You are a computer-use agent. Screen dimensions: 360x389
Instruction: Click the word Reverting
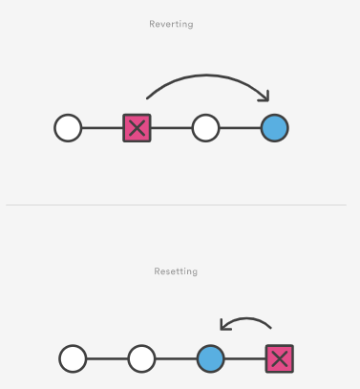pos(172,24)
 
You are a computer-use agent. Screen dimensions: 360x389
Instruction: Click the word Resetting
pos(176,271)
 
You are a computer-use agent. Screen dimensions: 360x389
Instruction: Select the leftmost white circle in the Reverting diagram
pos(68,127)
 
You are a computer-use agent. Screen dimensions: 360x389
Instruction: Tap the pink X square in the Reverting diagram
pos(138,127)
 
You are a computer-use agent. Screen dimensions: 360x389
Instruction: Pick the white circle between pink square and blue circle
pos(205,127)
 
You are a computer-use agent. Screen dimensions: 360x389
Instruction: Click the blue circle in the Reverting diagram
pos(274,127)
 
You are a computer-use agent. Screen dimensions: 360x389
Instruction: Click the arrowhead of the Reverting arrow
pos(266,96)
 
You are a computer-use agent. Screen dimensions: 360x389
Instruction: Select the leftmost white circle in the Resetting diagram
pos(73,359)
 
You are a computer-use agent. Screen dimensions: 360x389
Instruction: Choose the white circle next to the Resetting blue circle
pos(141,359)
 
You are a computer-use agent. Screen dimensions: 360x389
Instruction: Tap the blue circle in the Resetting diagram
pos(210,359)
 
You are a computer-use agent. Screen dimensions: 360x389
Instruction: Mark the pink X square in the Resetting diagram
pos(279,359)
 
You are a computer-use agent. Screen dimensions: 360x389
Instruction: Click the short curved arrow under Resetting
pos(246,320)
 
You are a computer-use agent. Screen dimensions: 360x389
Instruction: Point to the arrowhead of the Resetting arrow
pos(223,325)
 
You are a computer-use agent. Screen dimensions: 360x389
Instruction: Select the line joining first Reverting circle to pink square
pos(102,127)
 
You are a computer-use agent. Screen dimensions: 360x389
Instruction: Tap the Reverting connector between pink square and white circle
pos(172,127)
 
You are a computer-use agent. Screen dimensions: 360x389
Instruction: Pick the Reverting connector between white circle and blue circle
pos(240,127)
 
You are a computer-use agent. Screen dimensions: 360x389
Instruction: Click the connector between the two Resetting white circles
pos(107,359)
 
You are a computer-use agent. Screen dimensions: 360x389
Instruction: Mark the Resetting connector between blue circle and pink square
pos(244,359)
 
